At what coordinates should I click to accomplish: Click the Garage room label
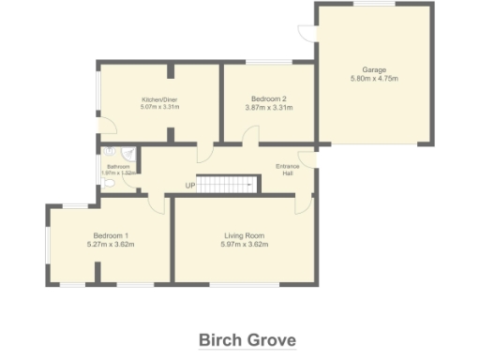[x=375, y=68]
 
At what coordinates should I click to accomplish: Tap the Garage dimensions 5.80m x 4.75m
[x=375, y=79]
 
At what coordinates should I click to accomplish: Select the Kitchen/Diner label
[x=159, y=99]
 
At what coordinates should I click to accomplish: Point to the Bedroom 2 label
[x=269, y=98]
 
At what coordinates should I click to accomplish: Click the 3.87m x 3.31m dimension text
[x=269, y=109]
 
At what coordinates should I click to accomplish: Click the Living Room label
[x=245, y=234]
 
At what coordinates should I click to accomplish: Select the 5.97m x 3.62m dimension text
[x=245, y=245]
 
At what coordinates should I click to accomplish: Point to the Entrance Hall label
[x=287, y=170]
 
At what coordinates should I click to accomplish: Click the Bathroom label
[x=118, y=166]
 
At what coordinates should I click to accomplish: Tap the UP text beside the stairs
[x=190, y=185]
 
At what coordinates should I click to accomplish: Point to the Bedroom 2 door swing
[x=251, y=137]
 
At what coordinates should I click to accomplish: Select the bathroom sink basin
[x=110, y=150]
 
